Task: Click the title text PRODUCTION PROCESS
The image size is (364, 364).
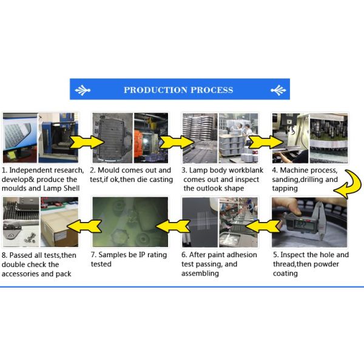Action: [178, 90]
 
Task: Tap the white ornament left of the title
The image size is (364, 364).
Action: [83, 90]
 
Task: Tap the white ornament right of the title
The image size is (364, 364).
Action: [278, 90]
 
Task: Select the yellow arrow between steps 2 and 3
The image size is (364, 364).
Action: [177, 142]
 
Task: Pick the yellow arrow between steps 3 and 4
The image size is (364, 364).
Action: [266, 142]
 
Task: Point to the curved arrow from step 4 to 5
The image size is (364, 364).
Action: [348, 184]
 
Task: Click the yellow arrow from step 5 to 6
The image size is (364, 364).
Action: [263, 226]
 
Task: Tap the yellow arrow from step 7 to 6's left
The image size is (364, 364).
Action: [173, 226]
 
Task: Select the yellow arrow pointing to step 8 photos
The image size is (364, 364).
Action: [84, 226]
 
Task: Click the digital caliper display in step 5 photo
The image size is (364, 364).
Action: [302, 224]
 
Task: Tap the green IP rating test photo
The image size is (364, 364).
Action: [130, 221]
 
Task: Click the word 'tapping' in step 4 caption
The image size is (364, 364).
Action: [285, 189]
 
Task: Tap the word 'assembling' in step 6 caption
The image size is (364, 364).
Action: [200, 274]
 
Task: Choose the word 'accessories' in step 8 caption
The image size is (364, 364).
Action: [21, 274]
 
